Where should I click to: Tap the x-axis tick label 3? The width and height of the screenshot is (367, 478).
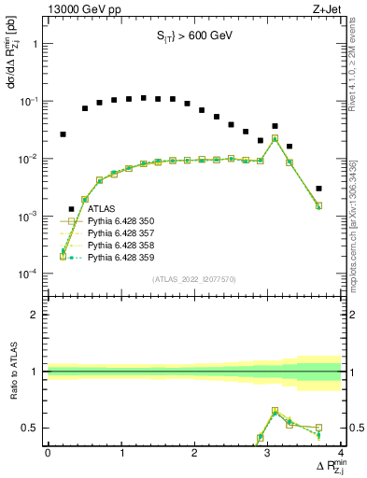[268, 452]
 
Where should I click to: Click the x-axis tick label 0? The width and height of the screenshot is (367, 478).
[48, 452]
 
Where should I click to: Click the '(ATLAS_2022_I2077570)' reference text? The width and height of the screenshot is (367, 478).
[194, 279]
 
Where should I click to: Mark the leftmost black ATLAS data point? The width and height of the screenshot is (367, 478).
[63, 134]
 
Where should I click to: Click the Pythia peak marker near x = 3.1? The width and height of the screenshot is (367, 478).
[275, 138]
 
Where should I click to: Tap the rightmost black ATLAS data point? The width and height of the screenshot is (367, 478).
[319, 189]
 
